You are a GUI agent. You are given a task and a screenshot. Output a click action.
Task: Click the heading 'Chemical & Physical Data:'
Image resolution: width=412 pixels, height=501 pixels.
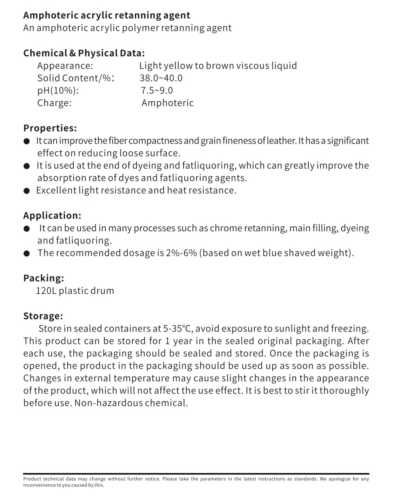84,53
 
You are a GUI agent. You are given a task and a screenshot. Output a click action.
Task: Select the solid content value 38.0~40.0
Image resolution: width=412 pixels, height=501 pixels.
161,78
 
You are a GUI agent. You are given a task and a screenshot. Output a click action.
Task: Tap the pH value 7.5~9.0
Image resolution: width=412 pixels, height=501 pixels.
157,90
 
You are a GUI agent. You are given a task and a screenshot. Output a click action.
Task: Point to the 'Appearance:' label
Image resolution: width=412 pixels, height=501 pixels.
65,66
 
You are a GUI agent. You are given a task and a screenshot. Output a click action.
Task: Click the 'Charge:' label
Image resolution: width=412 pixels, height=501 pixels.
54,103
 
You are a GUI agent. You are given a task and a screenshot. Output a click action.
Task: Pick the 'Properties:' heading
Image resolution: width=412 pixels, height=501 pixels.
50,128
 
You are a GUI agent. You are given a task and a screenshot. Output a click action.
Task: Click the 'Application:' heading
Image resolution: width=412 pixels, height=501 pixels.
52,215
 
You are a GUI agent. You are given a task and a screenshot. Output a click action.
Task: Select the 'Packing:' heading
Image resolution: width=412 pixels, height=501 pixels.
43,278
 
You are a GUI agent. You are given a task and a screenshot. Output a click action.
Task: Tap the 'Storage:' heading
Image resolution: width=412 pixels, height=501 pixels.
43,316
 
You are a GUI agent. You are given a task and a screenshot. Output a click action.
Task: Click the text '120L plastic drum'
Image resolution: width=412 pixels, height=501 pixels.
75,291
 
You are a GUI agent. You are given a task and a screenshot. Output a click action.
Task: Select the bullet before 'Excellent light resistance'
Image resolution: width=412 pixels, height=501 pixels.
27,191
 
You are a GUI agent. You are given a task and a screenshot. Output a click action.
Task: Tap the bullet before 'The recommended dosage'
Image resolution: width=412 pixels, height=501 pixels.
27,254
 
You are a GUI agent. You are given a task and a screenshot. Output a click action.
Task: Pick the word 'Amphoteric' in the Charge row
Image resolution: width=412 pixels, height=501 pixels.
168,103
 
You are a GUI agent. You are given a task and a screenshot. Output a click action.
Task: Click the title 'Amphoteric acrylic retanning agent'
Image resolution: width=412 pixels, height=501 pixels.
107,15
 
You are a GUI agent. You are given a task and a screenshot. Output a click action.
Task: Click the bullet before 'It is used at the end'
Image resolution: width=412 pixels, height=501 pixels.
27,166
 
